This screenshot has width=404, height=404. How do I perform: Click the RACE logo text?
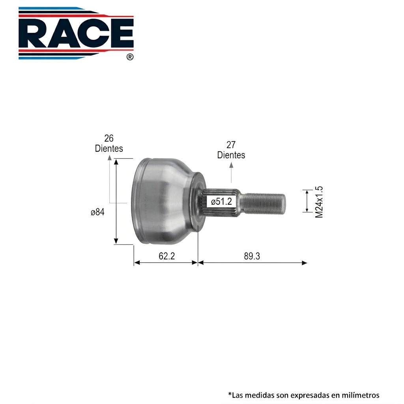click(x=76, y=33)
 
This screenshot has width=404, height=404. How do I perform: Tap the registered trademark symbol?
click(x=130, y=57)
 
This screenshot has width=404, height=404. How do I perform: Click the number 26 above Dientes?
click(x=109, y=138)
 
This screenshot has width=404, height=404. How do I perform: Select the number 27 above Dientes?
click(x=231, y=145)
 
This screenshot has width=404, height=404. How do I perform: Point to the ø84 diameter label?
click(x=98, y=212)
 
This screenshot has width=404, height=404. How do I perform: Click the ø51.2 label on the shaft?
click(x=221, y=202)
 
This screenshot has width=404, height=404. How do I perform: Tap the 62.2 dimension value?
click(x=167, y=256)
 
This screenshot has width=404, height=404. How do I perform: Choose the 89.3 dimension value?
click(x=252, y=256)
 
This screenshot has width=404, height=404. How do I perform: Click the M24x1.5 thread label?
click(x=319, y=202)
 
